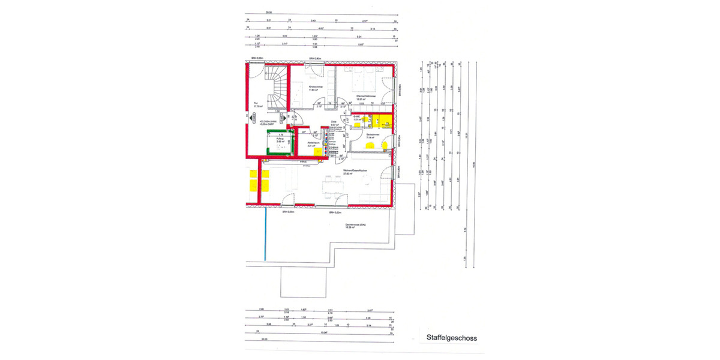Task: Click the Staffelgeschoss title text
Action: point(451,338)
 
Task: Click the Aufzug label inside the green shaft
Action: point(280,140)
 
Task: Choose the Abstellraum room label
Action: point(311,143)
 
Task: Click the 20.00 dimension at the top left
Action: point(268,11)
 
